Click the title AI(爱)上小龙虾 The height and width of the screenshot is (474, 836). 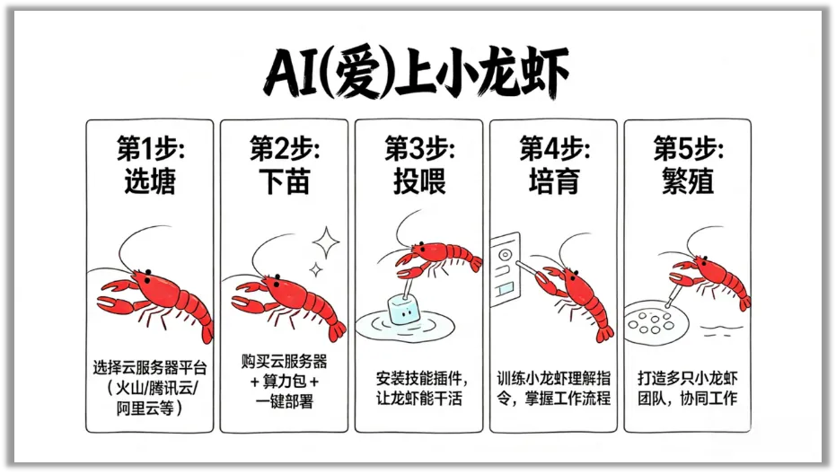(x=417, y=73)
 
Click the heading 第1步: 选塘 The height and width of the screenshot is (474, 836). (x=150, y=164)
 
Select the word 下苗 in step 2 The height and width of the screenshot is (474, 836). (x=284, y=180)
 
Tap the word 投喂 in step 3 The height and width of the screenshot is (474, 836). (x=419, y=180)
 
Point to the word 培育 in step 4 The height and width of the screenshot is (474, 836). (x=554, y=180)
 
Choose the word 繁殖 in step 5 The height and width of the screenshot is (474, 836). (x=688, y=180)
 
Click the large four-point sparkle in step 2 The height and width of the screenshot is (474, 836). (x=326, y=242)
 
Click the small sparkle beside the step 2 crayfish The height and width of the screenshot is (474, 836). (x=316, y=270)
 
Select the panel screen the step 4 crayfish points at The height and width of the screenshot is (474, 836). (x=505, y=269)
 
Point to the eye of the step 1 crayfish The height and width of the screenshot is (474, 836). (x=147, y=272)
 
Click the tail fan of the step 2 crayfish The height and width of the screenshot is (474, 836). (x=336, y=330)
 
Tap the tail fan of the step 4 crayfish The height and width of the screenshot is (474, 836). (x=604, y=333)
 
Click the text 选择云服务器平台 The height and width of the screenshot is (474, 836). (x=150, y=367)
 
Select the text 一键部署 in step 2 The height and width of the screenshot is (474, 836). (x=284, y=401)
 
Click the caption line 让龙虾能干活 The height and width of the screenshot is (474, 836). (x=419, y=399)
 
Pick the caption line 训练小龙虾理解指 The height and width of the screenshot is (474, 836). (x=553, y=378)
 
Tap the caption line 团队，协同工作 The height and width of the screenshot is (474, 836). (x=687, y=399)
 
